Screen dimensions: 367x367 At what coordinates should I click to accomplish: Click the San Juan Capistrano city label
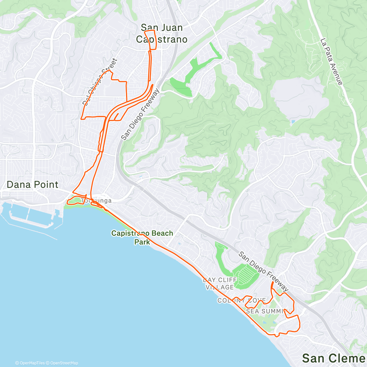[x=161, y=33]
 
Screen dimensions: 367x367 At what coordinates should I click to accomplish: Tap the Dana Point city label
[x=32, y=185]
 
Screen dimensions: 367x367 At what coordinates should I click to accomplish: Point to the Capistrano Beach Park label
[x=142, y=237]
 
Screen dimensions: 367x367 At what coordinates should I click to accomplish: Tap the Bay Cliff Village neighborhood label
[x=220, y=284]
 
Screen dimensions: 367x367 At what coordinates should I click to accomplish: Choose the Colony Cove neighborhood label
[x=242, y=300]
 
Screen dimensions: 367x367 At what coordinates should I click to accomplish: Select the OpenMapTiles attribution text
[x=30, y=363]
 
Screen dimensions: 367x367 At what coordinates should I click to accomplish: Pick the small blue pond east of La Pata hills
[x=293, y=122]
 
